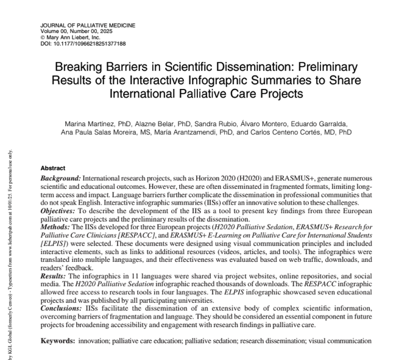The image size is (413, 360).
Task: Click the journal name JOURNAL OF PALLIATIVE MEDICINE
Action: coord(88,26)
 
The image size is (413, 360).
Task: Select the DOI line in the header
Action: coord(83,44)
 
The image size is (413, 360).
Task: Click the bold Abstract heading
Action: coord(52,168)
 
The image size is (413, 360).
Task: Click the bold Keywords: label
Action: coord(58,340)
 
